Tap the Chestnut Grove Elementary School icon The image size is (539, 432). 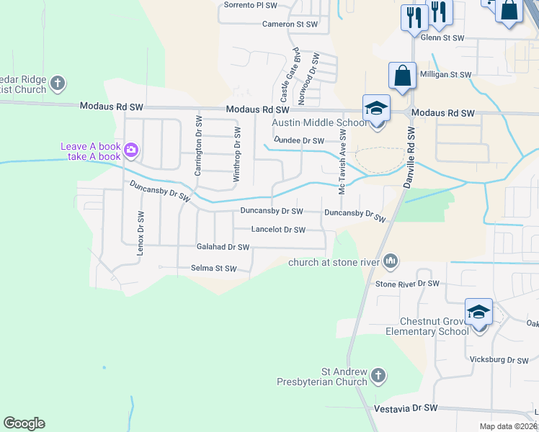tap(479, 312)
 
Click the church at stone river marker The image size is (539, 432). tap(391, 261)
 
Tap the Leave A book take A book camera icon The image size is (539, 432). tap(131, 150)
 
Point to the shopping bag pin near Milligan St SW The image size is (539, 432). tap(401, 76)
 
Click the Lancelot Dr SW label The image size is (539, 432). tap(278, 230)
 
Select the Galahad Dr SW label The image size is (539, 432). tap(223, 247)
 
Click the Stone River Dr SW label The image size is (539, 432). tap(407, 284)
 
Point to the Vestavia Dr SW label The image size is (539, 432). tap(406, 408)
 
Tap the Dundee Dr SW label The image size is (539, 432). tap(298, 140)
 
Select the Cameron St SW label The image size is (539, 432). tap(290, 24)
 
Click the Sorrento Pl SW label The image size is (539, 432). tap(250, 4)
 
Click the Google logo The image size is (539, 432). tap(24, 423)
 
